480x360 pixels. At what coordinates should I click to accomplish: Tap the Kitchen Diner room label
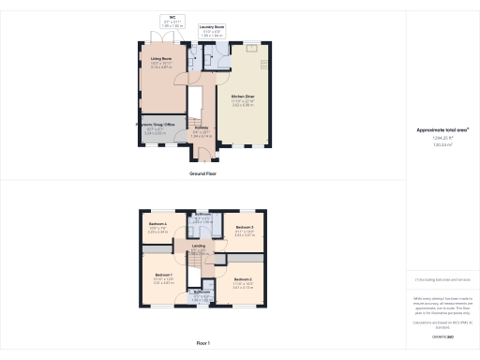point(243,96)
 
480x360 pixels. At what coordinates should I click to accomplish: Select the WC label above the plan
point(173,17)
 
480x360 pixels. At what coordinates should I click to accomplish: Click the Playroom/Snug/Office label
point(157,124)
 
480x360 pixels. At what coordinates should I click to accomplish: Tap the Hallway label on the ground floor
point(200,129)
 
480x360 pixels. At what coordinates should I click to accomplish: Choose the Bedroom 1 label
point(164,274)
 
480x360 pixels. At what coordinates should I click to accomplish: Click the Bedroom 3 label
point(245,228)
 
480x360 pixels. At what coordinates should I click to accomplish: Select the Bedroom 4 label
point(157,223)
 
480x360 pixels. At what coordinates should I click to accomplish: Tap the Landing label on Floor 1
point(198,246)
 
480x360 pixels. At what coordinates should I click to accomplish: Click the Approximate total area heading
point(442,129)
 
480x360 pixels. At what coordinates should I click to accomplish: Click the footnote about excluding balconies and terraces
point(442,279)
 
